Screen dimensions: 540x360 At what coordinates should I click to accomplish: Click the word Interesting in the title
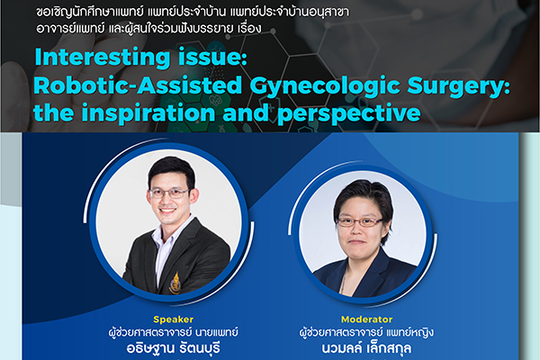click(103, 58)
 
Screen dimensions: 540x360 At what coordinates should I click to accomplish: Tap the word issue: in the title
click(212, 57)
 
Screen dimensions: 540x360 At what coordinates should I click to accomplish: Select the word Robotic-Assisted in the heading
click(138, 85)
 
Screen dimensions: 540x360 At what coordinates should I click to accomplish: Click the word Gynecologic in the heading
click(324, 86)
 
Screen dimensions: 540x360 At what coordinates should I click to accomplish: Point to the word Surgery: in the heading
click(459, 86)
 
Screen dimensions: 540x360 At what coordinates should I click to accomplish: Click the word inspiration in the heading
click(148, 113)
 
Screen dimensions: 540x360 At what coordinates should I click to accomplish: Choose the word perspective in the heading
click(349, 113)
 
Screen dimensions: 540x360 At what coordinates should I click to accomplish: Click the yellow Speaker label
click(173, 319)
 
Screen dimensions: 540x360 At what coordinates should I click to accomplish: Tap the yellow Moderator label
click(367, 319)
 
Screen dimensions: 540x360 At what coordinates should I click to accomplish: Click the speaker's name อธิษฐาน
click(150, 347)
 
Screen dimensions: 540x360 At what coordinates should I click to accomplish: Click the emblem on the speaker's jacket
click(175, 283)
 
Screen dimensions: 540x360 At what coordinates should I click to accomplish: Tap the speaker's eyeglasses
click(169, 193)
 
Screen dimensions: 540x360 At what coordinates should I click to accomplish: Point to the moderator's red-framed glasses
click(359, 222)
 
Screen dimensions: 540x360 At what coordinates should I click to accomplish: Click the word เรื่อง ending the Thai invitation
click(249, 28)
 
